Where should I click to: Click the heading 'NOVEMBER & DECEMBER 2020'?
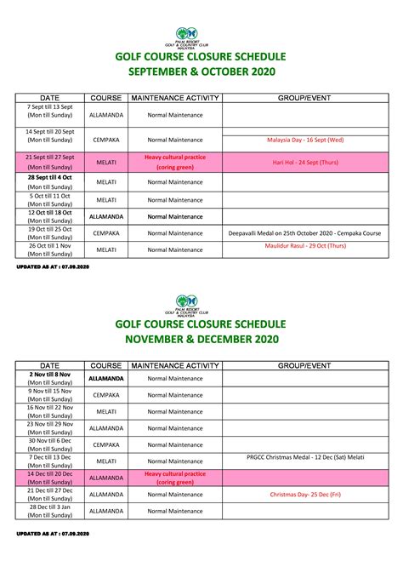(201, 339)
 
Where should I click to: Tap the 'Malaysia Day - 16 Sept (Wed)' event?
(305, 139)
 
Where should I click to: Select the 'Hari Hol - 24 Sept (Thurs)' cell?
(305, 162)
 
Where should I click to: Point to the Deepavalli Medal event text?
(305, 232)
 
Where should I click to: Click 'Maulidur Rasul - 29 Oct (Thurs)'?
(305, 245)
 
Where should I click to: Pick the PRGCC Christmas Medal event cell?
(305, 458)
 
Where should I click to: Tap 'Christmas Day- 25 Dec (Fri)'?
(305, 494)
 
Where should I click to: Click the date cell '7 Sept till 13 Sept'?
(49, 110)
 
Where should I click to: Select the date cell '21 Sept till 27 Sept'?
(49, 162)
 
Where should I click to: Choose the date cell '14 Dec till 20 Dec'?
(49, 478)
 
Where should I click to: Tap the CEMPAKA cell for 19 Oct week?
(106, 232)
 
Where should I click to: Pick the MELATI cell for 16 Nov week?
(106, 411)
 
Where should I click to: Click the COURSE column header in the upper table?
(106, 99)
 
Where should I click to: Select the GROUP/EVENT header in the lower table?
(305, 365)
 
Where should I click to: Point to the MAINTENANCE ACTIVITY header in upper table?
(176, 99)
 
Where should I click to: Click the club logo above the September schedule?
(201, 38)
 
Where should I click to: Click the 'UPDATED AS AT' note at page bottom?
(53, 534)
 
